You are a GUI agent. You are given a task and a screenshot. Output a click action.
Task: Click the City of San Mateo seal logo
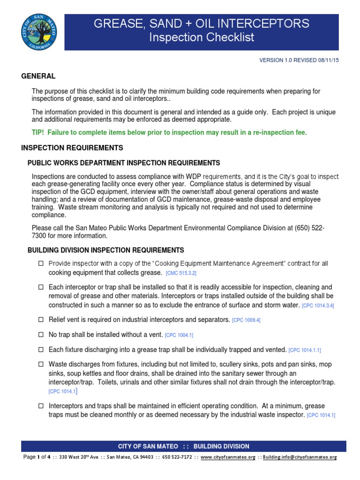tap(39, 31)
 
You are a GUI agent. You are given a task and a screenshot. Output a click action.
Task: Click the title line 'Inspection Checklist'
tap(202, 37)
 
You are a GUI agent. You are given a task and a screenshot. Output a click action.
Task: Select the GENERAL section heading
tap(38, 76)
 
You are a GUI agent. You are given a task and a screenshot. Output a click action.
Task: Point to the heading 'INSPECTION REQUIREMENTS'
tap(72, 148)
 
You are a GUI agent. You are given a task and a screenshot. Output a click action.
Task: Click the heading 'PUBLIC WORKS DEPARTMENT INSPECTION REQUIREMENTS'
tap(124, 163)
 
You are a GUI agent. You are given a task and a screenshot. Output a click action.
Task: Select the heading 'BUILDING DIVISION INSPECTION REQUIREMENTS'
tap(106, 250)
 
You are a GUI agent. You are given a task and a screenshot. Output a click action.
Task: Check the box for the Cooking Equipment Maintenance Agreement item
tap(41, 264)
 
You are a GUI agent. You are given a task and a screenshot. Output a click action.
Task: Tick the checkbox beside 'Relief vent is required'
tap(41, 320)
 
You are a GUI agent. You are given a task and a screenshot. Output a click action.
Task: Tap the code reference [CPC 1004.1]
tap(179, 336)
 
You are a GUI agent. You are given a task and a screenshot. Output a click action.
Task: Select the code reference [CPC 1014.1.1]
tap(305, 351)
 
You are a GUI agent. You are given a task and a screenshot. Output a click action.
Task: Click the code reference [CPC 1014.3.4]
tap(318, 306)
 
